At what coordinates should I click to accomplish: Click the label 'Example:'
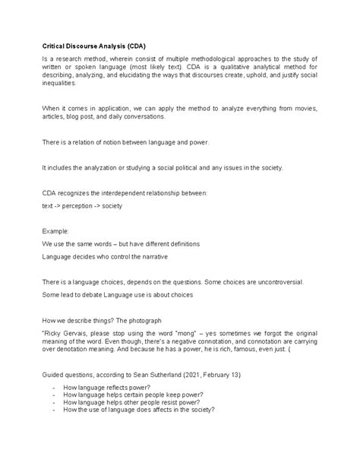tap(55, 230)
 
